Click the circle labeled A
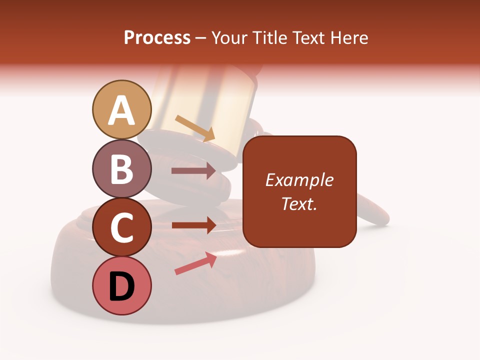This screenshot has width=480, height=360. coord(121,109)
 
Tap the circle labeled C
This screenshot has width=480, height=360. coord(121,227)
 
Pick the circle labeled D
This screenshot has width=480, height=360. coord(121,285)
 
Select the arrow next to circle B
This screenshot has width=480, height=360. coord(193,171)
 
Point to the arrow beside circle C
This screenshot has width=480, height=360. coord(193,225)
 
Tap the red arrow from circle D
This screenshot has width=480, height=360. coord(195,263)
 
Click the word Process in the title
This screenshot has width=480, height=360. coord(157,38)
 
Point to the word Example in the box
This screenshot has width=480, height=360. coord(299,180)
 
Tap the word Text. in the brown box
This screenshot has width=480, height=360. coord(299,203)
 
